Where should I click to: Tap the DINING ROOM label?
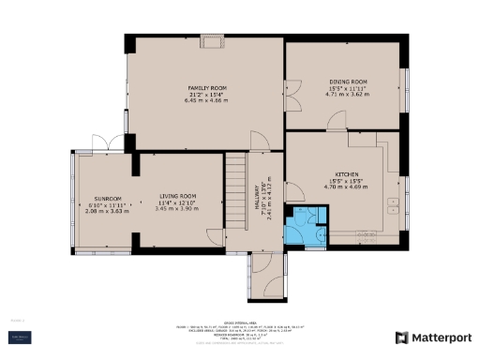(x=347, y=82)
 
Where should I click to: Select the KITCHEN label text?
(x=345, y=174)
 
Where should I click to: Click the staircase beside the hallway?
(x=236, y=191)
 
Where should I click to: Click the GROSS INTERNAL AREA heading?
(x=239, y=321)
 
